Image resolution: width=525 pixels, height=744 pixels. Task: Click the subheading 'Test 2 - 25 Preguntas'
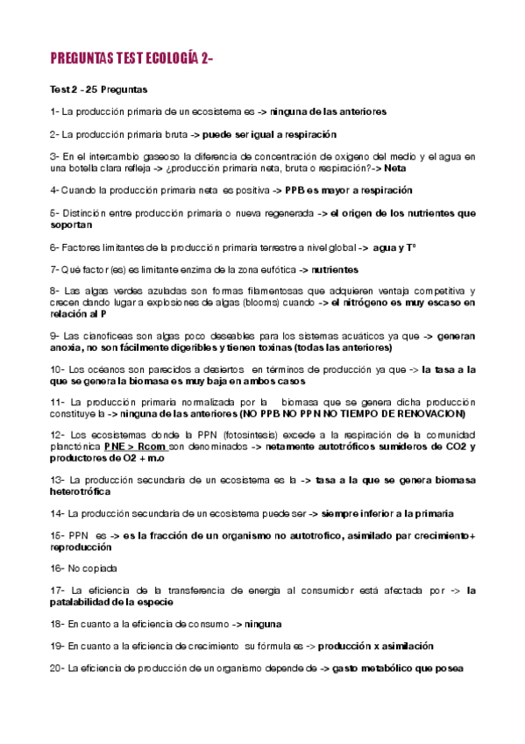99,89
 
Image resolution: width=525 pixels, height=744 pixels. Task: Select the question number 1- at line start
55,112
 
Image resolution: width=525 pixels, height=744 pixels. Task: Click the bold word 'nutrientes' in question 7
336,269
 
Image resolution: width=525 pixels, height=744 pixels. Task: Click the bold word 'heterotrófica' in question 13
86,491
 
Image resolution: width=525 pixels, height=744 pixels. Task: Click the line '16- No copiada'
84,569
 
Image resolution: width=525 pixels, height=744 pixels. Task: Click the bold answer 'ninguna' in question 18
263,624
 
